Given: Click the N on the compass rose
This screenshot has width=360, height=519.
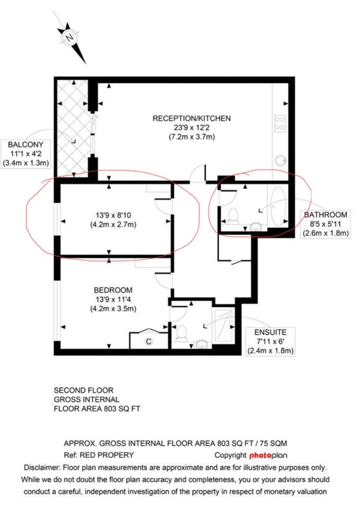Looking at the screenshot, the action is coord(69,38).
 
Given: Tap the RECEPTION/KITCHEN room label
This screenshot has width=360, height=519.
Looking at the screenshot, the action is coord(191,119).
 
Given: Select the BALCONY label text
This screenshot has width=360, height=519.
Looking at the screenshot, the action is coord(26,145).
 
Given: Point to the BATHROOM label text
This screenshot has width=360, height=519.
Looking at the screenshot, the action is coord(326,215).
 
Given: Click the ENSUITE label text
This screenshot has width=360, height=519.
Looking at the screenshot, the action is coord(270,332).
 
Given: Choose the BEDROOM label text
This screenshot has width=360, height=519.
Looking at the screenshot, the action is coord(113,290).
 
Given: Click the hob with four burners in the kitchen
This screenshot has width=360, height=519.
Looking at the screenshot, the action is coord(280,123).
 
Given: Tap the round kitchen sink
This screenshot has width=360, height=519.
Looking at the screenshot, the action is coord(281,160).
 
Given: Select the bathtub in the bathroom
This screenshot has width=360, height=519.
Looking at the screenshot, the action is coord(278,206).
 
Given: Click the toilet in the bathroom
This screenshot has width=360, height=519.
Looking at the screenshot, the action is coord(234,216).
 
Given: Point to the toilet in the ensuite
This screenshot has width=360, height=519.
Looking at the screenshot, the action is coord(182,333).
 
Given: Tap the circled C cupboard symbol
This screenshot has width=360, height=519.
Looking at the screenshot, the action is coord(149,341).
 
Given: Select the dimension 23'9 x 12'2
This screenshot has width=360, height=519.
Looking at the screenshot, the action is coord(191,128).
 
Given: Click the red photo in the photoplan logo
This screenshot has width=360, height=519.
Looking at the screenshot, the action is coord(260,456).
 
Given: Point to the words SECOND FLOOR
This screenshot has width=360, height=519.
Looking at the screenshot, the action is coord(84,391).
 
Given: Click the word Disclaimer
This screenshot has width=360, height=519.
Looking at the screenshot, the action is coord(42,468).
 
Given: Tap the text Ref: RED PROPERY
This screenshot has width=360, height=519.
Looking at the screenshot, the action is coord(99,455).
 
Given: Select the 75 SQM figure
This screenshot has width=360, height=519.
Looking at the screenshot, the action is coord(273,443).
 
